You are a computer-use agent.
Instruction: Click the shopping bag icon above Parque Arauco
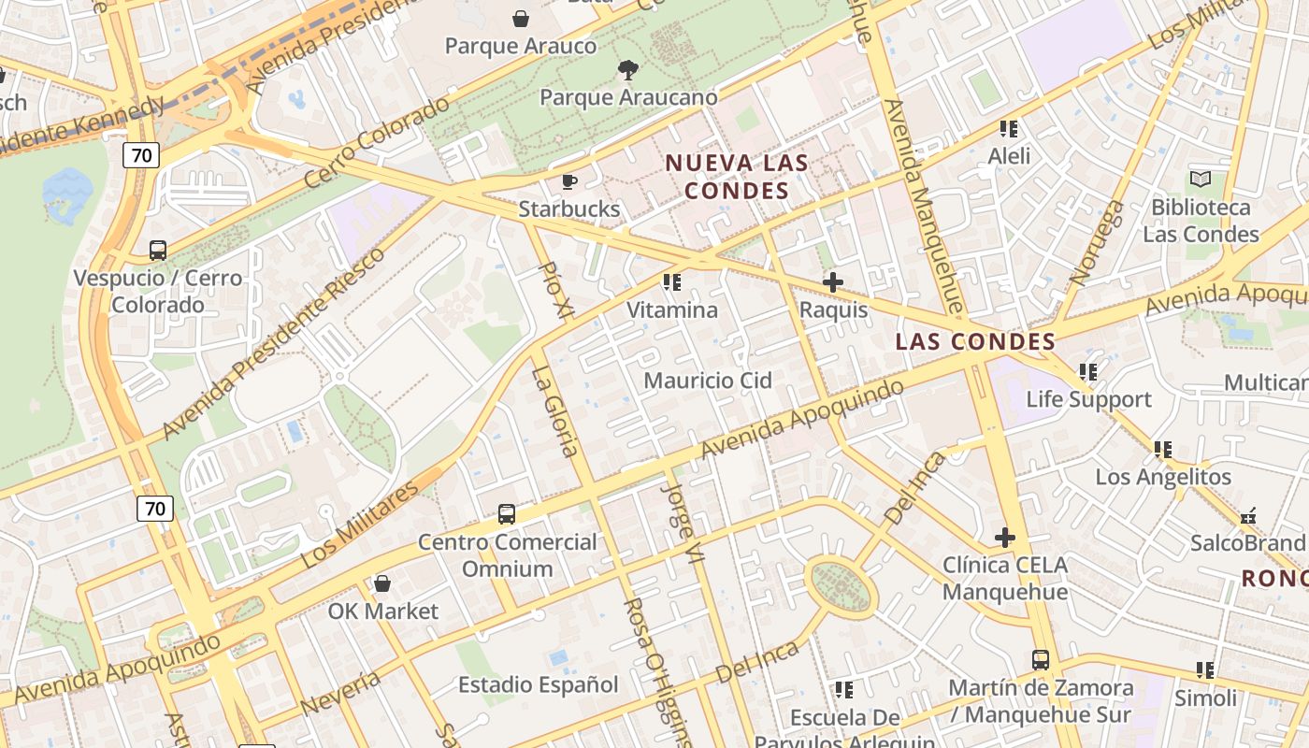point(521,18)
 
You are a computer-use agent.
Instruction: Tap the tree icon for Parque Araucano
point(628,69)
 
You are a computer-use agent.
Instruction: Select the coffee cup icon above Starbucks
point(569,181)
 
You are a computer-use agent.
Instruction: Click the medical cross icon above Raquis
point(832,281)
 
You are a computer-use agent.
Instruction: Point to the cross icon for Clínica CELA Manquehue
point(1005,538)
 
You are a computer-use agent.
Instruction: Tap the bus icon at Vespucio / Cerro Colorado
point(158,251)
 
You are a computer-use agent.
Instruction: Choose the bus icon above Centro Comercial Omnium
point(506,513)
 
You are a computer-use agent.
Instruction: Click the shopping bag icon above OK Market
point(381,584)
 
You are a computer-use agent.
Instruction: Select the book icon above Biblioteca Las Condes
point(1201,179)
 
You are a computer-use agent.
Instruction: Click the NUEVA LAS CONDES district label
point(737,177)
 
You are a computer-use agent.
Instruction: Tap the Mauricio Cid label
point(708,381)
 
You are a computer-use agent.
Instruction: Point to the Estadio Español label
point(538,685)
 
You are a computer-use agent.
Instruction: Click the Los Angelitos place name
point(1163,477)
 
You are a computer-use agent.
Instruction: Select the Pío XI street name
point(556,289)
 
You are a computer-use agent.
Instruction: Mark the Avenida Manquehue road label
point(921,206)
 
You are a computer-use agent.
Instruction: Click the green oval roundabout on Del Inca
point(842,585)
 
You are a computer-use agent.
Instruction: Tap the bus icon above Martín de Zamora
point(1041,660)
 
